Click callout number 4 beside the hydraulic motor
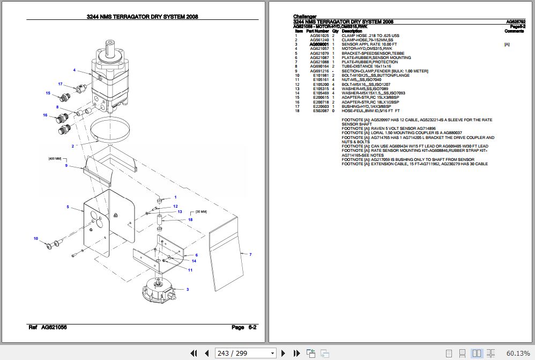[x=75, y=70]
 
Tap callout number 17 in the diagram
[x=61, y=84]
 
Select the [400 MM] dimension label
[x=55, y=159]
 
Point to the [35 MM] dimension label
[x=201, y=212]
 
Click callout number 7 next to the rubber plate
[x=250, y=254]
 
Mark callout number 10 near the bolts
[x=36, y=238]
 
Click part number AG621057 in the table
[x=319, y=49]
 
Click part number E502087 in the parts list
[x=321, y=111]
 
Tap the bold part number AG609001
[x=319, y=45]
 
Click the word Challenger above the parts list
[x=305, y=17]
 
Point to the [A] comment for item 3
[x=507, y=45]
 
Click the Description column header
[x=352, y=31]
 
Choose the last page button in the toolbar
[x=296, y=353]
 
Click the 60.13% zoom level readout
[x=517, y=353]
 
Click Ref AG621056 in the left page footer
[x=48, y=327]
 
